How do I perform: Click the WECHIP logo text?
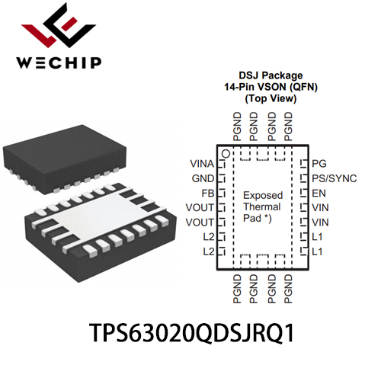tap(59, 62)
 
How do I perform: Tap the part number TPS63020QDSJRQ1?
tap(192, 333)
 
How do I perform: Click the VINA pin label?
tap(202, 164)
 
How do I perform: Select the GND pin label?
tap(203, 178)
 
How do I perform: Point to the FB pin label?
tap(208, 194)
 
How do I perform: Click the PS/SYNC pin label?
tap(335, 178)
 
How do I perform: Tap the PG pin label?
tap(319, 164)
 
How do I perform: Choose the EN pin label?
tap(319, 194)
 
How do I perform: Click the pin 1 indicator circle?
tap(226, 154)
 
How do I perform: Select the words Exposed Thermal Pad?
tap(263, 207)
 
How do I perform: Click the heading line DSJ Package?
tap(271, 75)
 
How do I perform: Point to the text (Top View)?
tap(271, 98)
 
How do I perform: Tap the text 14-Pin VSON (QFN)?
tap(271, 87)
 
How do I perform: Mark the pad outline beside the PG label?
tap(303, 164)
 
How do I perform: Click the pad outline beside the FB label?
tap(222, 194)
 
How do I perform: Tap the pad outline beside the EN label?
tap(303, 194)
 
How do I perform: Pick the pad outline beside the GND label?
tap(222, 178)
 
